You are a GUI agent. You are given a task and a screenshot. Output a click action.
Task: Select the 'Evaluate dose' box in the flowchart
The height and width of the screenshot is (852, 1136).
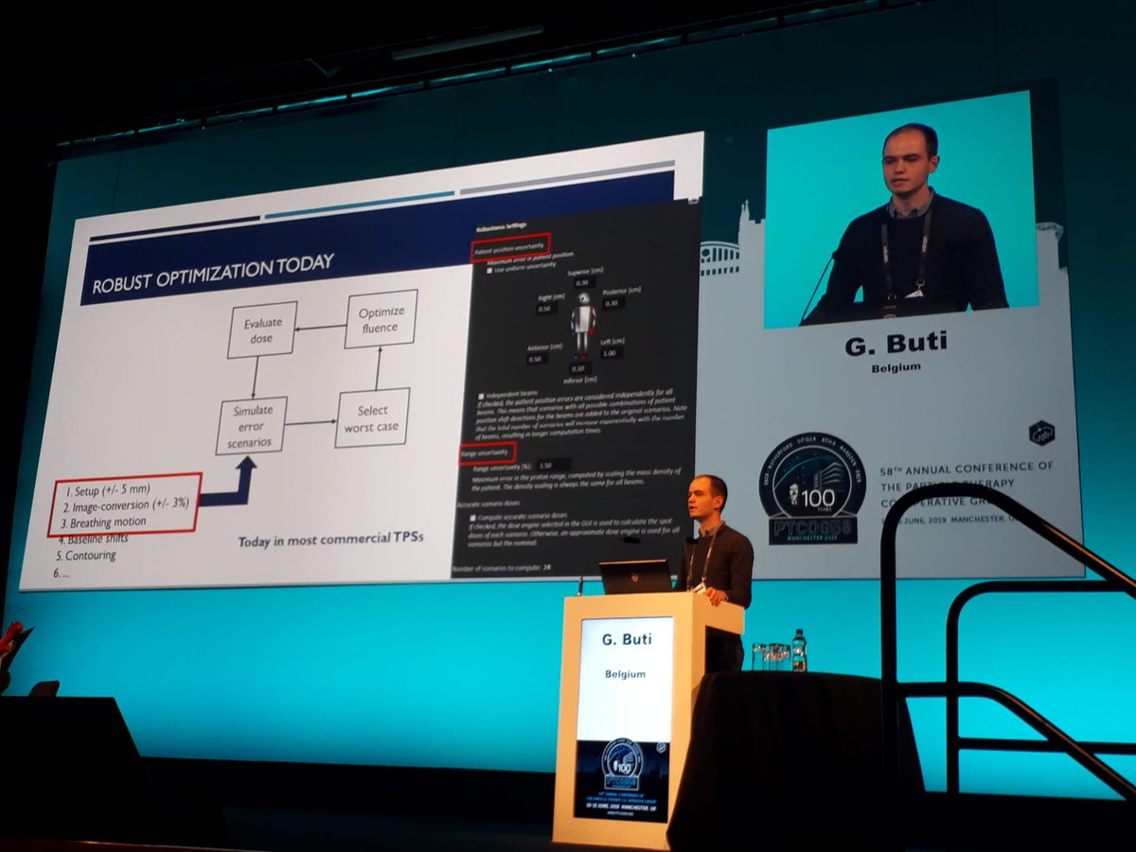pos(262,329)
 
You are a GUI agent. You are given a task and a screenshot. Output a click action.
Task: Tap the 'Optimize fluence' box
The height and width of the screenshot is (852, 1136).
pos(382,319)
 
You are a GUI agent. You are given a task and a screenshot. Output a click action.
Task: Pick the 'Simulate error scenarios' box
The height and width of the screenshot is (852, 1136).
pos(252,425)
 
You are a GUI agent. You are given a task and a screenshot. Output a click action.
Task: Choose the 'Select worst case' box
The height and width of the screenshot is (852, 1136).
pos(372,418)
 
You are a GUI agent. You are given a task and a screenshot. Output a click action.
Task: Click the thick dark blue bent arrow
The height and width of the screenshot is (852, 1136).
pos(236,486)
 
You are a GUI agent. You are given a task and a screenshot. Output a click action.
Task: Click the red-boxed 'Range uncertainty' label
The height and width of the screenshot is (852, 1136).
pos(488,451)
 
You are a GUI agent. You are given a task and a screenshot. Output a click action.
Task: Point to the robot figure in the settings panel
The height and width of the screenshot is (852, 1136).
pos(582,322)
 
